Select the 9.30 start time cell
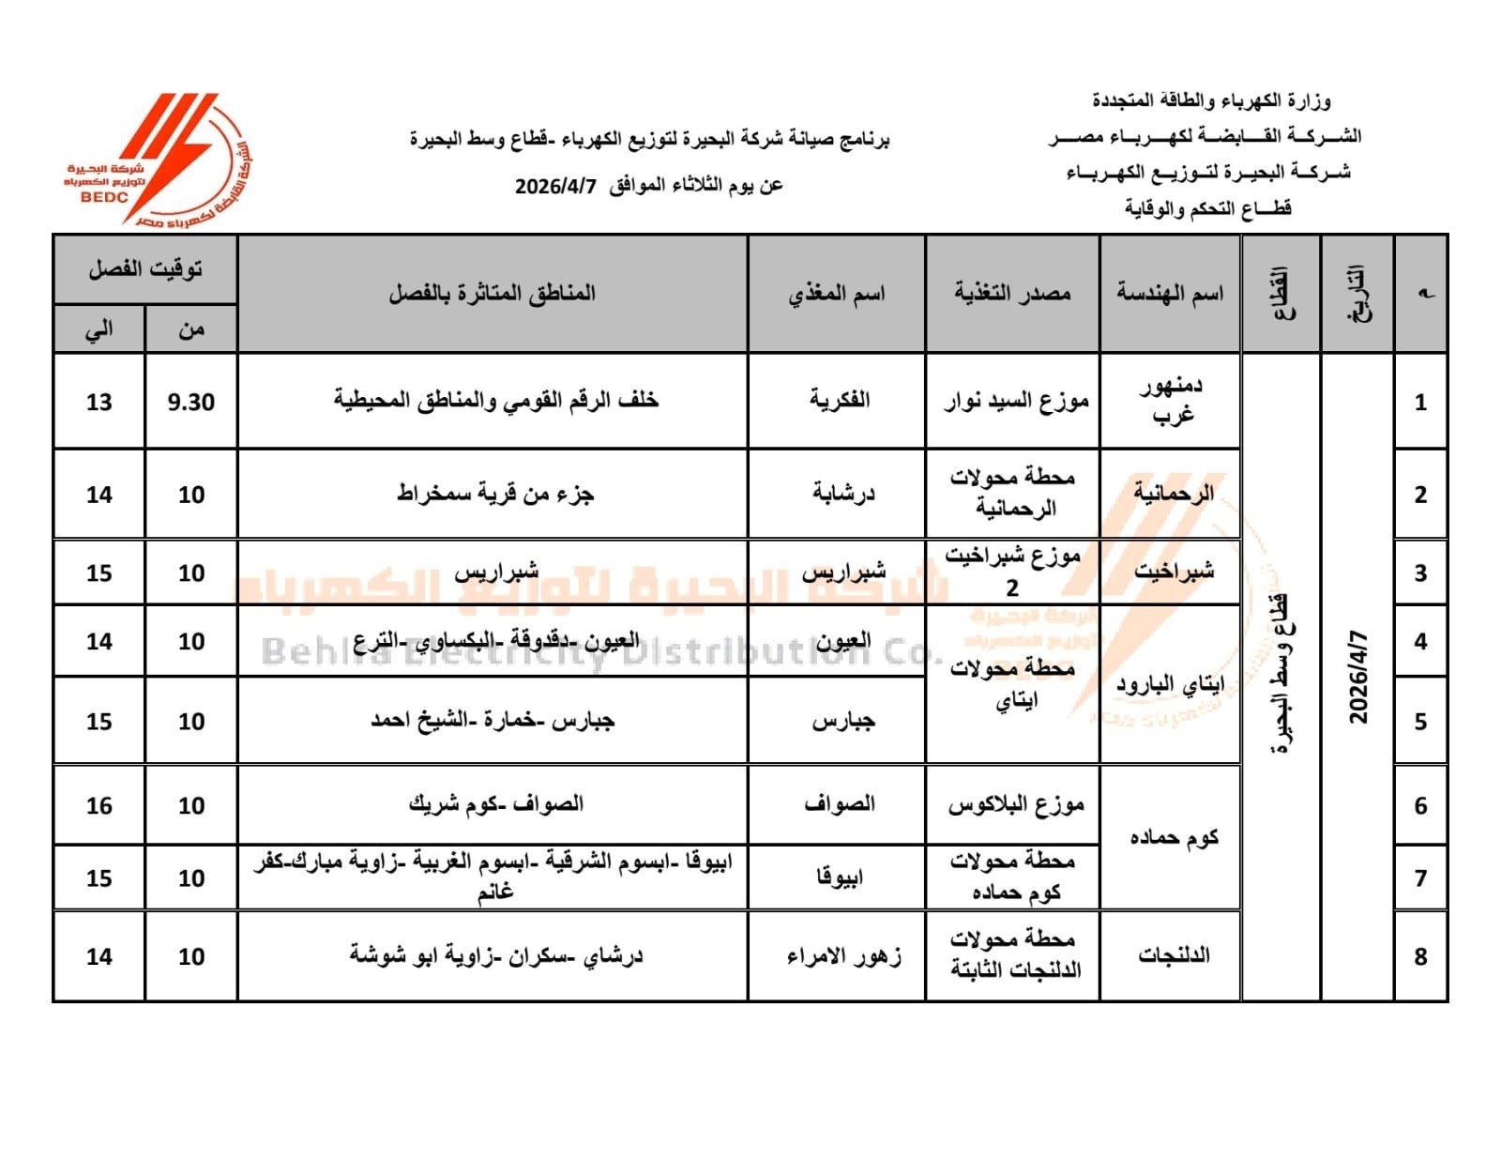(x=191, y=402)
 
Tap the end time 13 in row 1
(x=99, y=402)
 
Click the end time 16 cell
(x=99, y=805)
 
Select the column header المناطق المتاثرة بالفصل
(x=493, y=294)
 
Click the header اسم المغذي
(x=836, y=294)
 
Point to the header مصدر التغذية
(x=1012, y=294)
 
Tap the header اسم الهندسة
(x=1170, y=294)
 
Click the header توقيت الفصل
(x=145, y=269)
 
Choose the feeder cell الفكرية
(x=840, y=400)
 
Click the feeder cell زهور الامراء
(x=843, y=956)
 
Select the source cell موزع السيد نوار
(x=1016, y=402)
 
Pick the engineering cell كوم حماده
(x=1174, y=837)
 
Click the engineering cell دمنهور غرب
(x=1172, y=400)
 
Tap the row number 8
(x=1420, y=956)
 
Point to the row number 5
(x=1420, y=721)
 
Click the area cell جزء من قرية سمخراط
(x=494, y=494)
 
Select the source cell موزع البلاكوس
(x=1016, y=805)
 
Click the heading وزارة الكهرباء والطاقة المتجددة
(x=1211, y=100)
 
